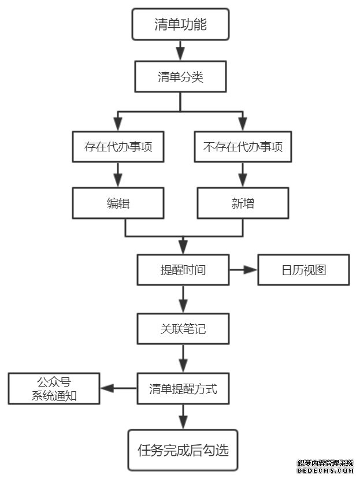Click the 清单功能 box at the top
(x=180, y=25)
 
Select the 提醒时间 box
(x=183, y=270)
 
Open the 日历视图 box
(x=303, y=270)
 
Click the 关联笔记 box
(x=183, y=329)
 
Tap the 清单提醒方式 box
(x=183, y=389)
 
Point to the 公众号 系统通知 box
(x=54, y=389)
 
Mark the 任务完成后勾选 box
(x=183, y=450)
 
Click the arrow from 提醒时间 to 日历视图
(x=243, y=270)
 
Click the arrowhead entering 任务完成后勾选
(x=183, y=423)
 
